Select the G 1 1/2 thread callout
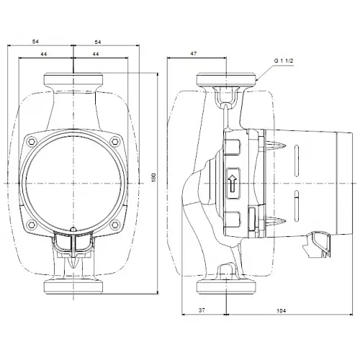(284, 61)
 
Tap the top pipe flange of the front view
(74, 78)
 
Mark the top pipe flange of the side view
(227, 78)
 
